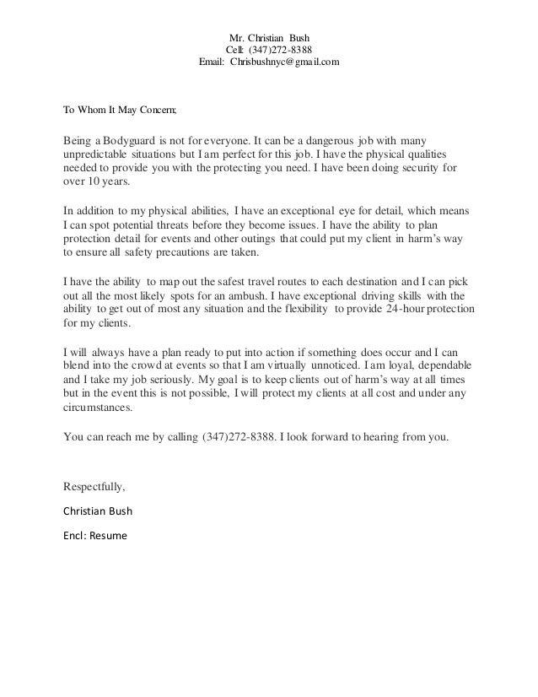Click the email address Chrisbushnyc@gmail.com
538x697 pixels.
click(286, 63)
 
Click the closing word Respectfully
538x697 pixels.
click(94, 487)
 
